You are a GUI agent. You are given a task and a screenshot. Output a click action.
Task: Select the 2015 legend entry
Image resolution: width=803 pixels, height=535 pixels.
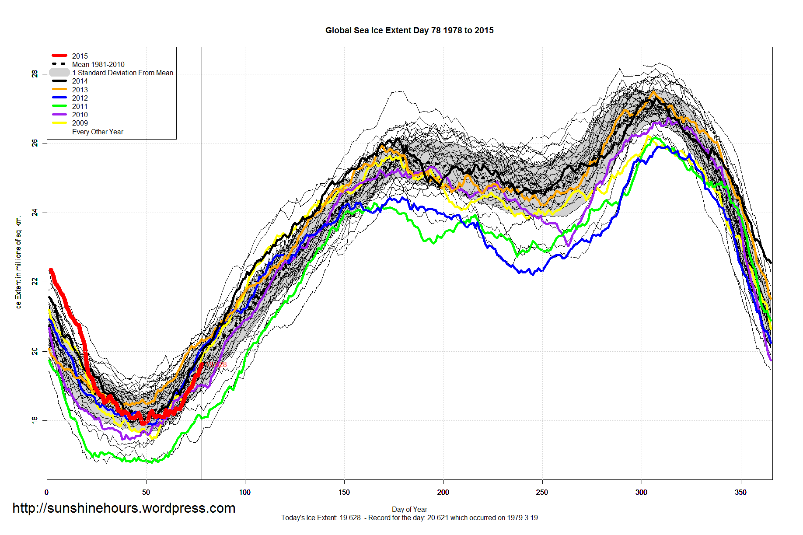80,56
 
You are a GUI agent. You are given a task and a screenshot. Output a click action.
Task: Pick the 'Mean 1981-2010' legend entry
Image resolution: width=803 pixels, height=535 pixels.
98,64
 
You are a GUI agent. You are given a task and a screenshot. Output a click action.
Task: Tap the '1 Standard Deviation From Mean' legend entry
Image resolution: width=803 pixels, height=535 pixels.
122,73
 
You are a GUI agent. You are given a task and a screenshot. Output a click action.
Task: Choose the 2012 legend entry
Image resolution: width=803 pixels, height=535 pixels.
80,98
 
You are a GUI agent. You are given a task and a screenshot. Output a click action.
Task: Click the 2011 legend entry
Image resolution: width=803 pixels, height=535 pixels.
80,106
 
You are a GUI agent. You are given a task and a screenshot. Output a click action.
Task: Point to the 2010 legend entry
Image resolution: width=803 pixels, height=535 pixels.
80,115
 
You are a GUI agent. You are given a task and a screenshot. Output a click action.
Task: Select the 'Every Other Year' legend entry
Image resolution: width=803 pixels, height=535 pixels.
98,132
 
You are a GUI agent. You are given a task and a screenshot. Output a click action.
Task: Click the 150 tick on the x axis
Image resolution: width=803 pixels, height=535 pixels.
344,492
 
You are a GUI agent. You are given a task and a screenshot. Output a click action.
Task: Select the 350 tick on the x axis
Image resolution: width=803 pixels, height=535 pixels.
740,492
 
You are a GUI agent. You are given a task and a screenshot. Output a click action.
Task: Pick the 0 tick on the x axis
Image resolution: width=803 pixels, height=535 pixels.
47,492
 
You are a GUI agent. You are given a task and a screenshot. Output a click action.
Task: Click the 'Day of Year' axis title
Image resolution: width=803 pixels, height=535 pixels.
409,509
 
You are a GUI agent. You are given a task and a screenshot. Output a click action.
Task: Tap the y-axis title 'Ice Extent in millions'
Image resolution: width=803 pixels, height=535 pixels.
18,262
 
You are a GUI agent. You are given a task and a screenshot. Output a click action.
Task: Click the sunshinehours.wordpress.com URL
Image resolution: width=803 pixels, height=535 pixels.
124,508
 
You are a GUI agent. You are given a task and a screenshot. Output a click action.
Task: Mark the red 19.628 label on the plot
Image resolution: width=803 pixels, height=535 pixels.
217,364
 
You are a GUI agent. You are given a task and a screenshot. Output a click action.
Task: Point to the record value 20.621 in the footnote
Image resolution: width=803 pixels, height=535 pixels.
438,518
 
